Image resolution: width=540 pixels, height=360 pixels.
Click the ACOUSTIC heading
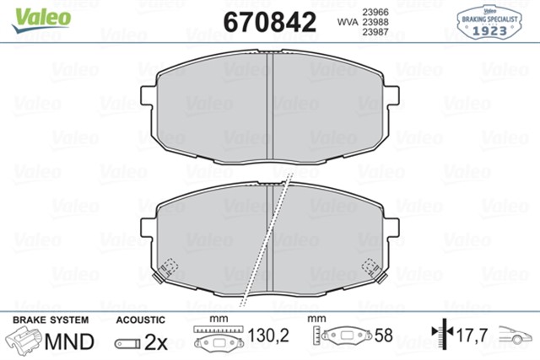click(139, 320)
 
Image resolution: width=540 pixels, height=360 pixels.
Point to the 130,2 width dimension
click(272, 336)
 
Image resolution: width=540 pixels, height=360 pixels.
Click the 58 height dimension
click(384, 336)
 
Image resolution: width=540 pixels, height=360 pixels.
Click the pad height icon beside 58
click(344, 336)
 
